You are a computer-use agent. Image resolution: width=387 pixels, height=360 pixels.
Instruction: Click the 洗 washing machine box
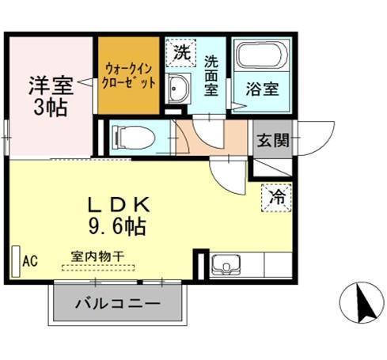click(x=182, y=55)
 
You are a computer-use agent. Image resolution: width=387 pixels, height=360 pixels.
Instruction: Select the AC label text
click(x=30, y=261)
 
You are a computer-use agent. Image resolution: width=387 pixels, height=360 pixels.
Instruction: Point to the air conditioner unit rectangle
click(x=15, y=261)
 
